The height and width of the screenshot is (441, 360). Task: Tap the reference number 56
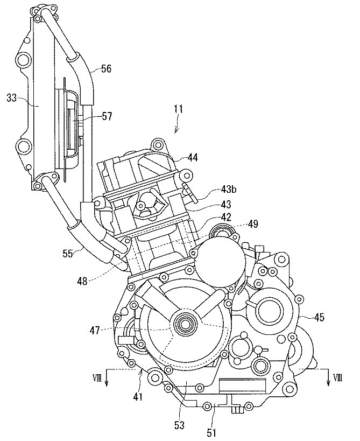point(107,68)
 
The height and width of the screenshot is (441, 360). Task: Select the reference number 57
point(106,116)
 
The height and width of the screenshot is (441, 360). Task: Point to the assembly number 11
point(178,109)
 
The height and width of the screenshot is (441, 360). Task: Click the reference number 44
point(193,158)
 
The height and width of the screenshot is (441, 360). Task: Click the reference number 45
point(319,318)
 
